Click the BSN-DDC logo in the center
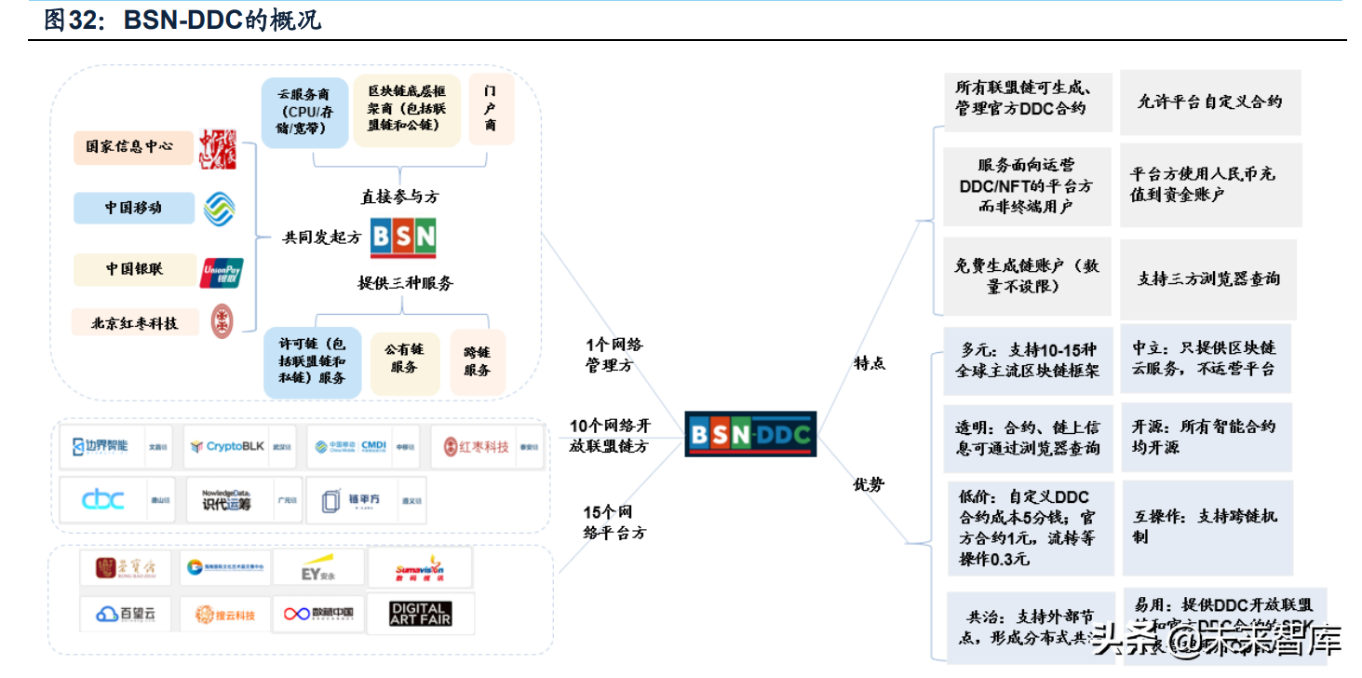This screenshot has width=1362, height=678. point(750,433)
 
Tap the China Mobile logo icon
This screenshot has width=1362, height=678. point(220,208)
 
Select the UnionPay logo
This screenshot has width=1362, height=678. point(222,272)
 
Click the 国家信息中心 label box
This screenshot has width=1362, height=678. point(133,147)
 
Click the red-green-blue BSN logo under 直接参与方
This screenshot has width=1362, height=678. point(403,238)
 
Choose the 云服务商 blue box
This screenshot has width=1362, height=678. point(303,113)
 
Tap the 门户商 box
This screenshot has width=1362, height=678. point(491,109)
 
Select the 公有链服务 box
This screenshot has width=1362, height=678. point(404,359)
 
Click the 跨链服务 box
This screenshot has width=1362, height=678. point(477,361)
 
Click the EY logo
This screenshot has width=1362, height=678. point(317,567)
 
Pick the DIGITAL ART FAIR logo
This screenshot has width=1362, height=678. point(421,614)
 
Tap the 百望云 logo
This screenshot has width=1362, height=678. point(126,614)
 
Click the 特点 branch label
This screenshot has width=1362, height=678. point(870,363)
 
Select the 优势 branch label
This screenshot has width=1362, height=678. point(870,484)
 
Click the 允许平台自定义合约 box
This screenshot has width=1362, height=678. point(1209,102)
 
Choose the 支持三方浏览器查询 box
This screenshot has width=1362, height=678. point(1208,278)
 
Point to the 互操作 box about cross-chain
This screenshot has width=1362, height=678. point(1207,526)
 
